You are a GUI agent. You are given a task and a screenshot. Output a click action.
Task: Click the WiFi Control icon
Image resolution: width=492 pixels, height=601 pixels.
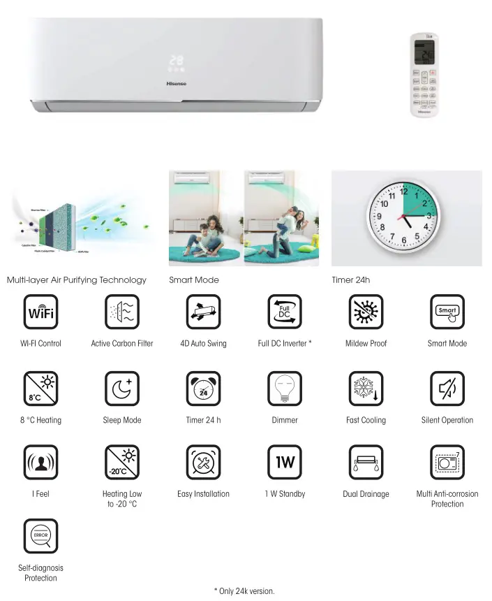(x=40, y=312)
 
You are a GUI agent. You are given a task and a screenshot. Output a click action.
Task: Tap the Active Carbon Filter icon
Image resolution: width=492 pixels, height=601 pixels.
(x=122, y=312)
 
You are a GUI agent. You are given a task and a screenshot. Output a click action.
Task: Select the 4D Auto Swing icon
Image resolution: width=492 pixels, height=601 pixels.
(x=203, y=312)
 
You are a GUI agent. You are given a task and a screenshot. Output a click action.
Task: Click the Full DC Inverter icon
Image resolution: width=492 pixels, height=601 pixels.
(x=285, y=312)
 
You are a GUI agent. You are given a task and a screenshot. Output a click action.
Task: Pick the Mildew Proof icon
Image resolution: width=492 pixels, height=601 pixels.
(x=366, y=312)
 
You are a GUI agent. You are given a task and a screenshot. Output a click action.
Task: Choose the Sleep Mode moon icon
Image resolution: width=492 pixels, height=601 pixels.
(x=122, y=389)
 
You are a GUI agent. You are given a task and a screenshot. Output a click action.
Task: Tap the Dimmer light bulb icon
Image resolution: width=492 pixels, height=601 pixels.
(x=285, y=389)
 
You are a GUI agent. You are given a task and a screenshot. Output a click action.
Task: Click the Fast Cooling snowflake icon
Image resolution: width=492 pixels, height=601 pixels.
(x=366, y=389)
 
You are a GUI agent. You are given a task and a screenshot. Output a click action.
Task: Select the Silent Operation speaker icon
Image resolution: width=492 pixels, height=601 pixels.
(x=447, y=389)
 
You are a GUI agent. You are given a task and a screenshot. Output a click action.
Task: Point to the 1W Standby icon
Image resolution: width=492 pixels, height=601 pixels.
(x=285, y=463)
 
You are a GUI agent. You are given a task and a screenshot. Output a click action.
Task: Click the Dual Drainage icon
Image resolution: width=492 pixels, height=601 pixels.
(x=366, y=463)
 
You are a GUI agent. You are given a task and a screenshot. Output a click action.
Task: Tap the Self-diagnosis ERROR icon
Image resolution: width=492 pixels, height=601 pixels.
(x=40, y=536)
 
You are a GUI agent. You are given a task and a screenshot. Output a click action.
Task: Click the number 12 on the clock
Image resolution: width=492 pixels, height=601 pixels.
(x=403, y=191)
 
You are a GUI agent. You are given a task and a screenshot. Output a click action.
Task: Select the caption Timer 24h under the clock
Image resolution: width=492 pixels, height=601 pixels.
(x=350, y=280)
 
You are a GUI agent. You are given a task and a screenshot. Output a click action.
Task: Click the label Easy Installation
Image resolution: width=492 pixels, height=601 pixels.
(x=203, y=494)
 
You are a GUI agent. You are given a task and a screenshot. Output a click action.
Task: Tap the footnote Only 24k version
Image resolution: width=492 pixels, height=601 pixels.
(x=244, y=591)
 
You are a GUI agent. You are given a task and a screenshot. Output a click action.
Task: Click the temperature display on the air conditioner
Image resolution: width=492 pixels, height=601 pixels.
(x=175, y=61)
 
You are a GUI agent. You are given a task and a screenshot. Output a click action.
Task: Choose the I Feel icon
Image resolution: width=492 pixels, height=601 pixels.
(x=40, y=463)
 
